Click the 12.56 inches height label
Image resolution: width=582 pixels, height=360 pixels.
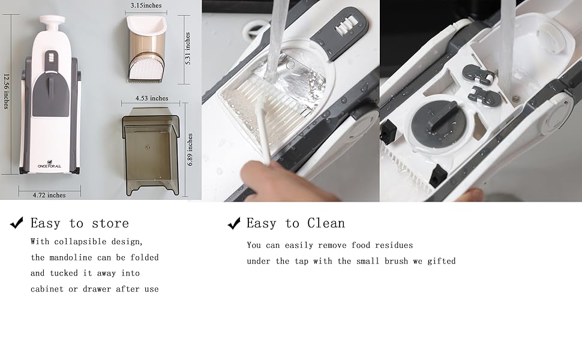click(x=7, y=91)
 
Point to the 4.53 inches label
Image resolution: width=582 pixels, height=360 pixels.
click(x=151, y=98)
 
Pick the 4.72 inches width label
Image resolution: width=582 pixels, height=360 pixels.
click(x=49, y=195)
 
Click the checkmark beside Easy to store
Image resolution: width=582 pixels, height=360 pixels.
click(x=17, y=223)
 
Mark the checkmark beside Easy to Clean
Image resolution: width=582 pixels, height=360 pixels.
click(x=233, y=224)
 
